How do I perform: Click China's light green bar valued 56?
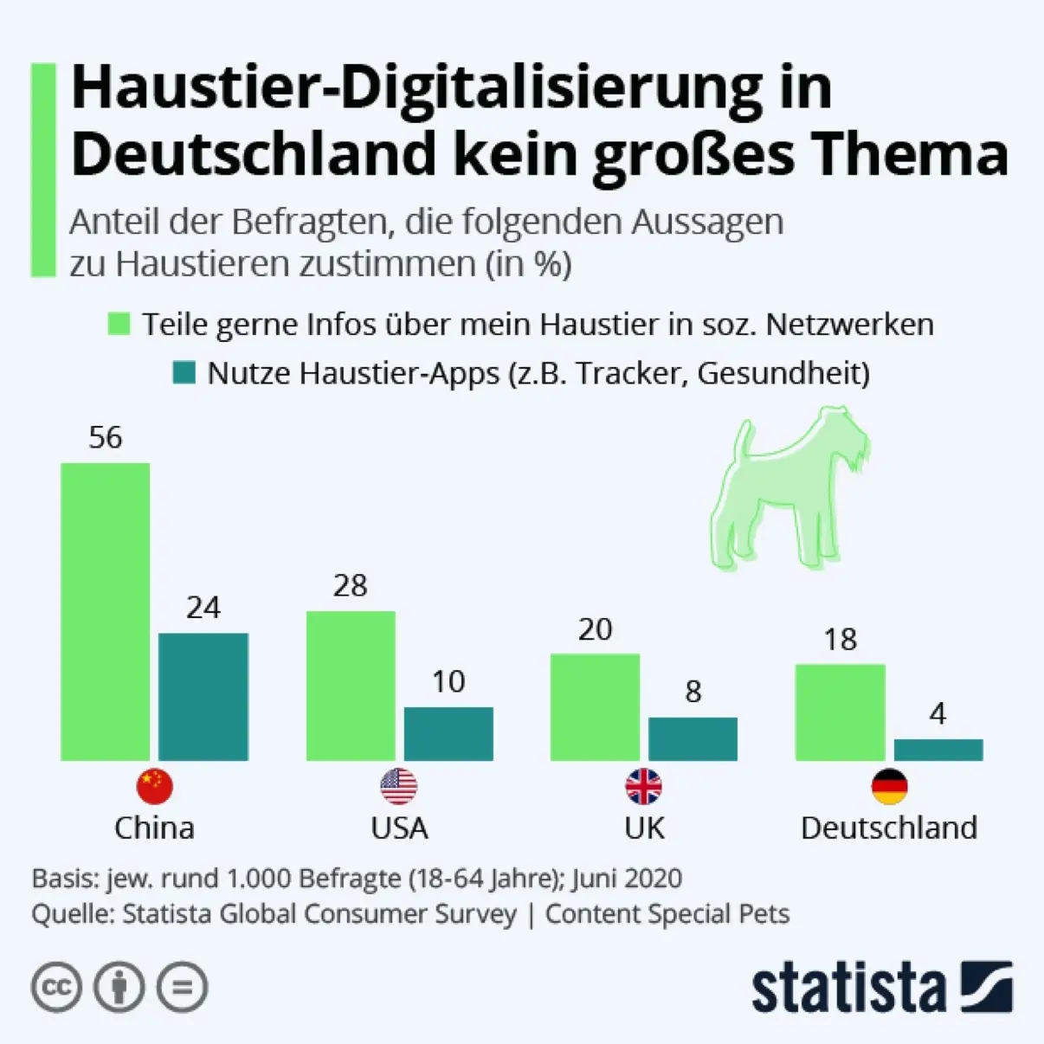tap(105, 611)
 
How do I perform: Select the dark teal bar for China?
tap(203, 697)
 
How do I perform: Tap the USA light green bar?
tap(351, 686)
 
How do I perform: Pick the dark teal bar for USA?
tap(448, 734)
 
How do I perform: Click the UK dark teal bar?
tap(693, 739)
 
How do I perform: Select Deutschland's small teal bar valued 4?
tap(938, 750)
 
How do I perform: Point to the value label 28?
tap(351, 586)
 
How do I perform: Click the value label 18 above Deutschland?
tap(840, 640)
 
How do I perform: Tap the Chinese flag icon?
tap(155, 786)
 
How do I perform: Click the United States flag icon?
tap(399, 786)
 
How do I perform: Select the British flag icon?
tap(644, 786)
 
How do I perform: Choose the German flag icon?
tap(889, 786)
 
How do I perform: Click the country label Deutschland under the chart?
tap(889, 828)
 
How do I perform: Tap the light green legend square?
tap(119, 324)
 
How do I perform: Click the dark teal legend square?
tap(184, 373)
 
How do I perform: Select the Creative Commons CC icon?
tap(57, 987)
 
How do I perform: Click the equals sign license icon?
tap(182, 987)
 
